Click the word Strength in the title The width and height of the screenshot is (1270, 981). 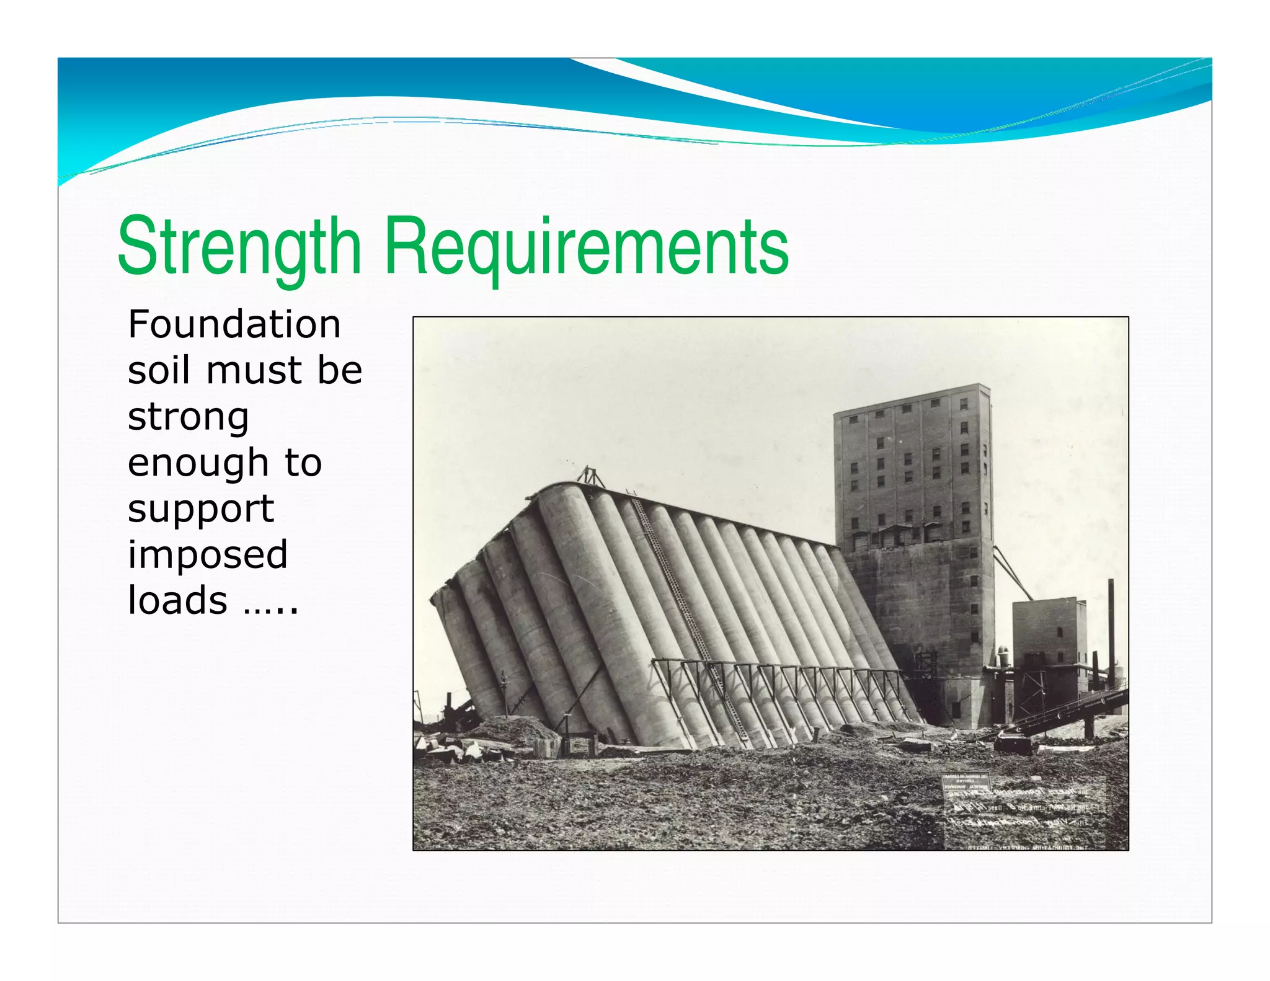tap(239, 246)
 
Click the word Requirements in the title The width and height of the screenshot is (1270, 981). tap(586, 246)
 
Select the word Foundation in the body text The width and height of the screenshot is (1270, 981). tap(234, 324)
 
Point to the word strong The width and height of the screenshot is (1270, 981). tap(188, 418)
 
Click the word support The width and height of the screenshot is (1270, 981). tap(200, 510)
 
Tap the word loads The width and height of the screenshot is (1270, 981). tap(177, 600)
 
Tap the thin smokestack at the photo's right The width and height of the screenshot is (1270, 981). tap(1111, 626)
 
